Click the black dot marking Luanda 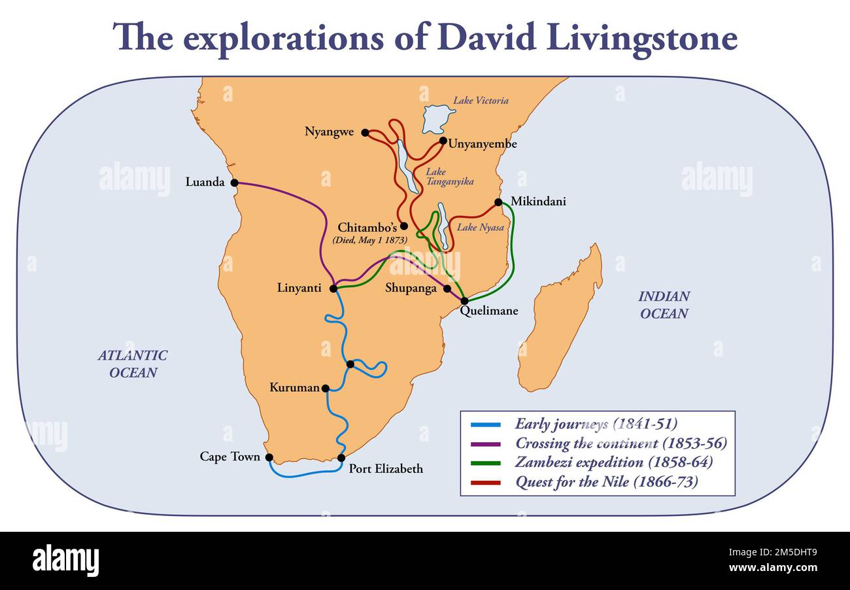234,182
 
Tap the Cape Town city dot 269,458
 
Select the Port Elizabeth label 386,468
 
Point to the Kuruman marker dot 325,388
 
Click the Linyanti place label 299,288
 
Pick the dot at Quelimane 464,301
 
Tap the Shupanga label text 411,288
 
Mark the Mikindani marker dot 498,202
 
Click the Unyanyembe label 483,144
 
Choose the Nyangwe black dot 365,132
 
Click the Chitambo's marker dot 404,226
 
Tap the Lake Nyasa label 481,228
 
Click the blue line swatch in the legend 485,425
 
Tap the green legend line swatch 485,463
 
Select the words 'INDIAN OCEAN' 664,305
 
